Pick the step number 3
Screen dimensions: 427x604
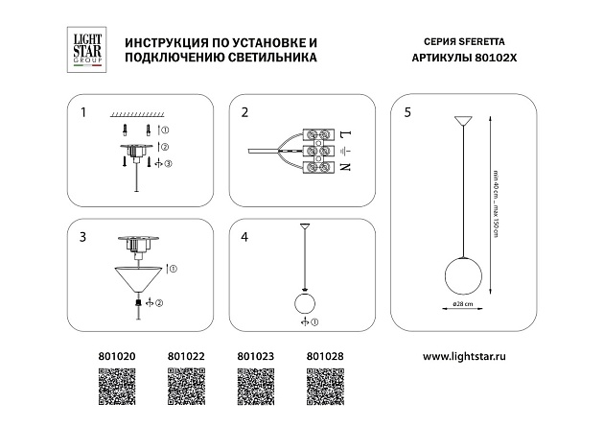(x=83, y=235)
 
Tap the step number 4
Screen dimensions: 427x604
(x=244, y=235)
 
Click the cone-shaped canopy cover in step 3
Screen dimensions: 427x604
(x=138, y=279)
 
